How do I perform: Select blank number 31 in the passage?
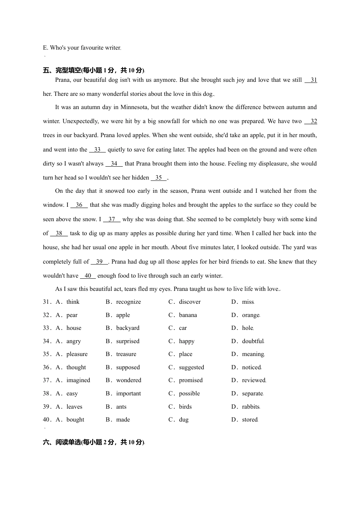tap(311, 80)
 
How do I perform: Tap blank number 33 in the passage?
tap(97, 150)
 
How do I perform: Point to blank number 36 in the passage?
tap(79, 205)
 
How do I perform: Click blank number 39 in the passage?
tap(99, 262)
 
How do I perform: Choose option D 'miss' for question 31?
tap(248, 302)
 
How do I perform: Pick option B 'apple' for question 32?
tap(123, 315)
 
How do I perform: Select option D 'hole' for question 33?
tap(247, 328)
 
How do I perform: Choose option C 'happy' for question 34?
tap(186, 341)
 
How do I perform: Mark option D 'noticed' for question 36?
tap(251, 367)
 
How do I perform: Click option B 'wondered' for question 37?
tap(128, 380)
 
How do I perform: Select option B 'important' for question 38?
tap(128, 393)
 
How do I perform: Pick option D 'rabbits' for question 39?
tap(250, 407)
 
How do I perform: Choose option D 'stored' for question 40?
tap(250, 420)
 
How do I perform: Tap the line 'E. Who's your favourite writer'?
tap(81, 48)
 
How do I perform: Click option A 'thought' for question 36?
tap(76, 367)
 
